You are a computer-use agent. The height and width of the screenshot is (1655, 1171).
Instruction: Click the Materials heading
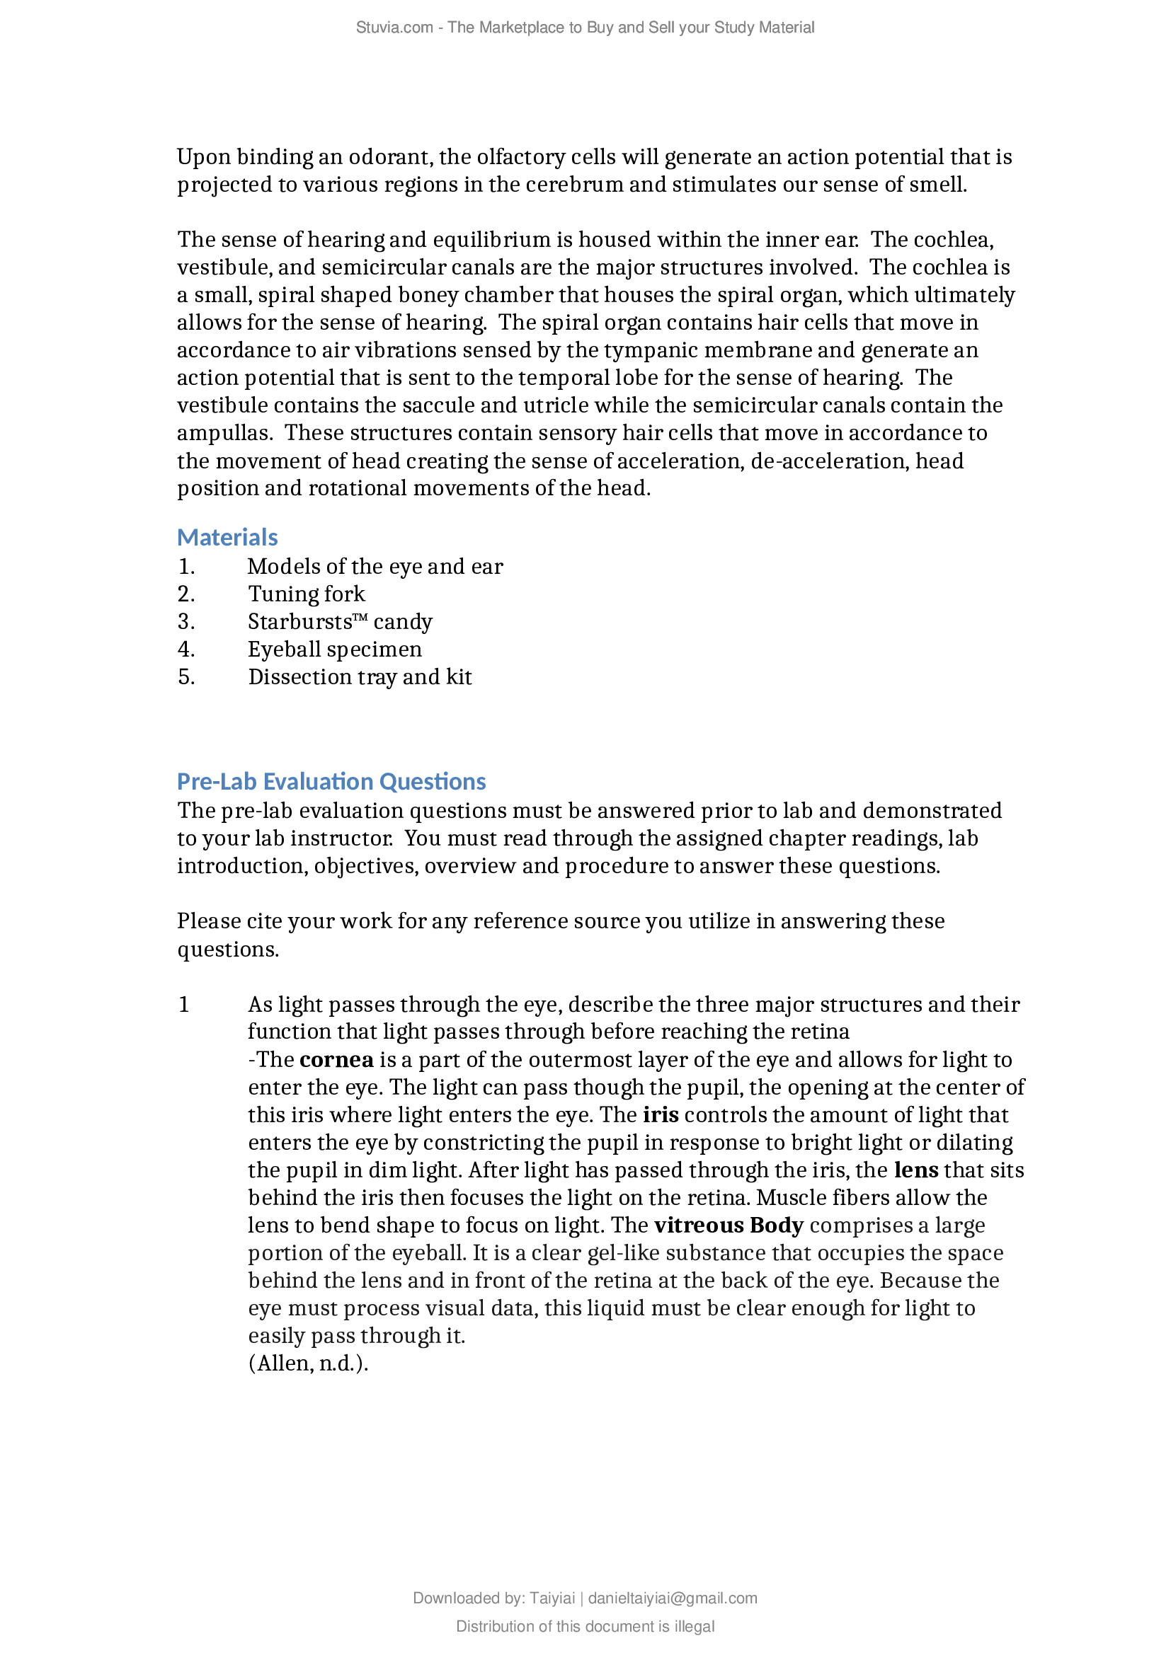(x=227, y=538)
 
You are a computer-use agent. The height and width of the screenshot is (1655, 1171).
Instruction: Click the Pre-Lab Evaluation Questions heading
(x=331, y=781)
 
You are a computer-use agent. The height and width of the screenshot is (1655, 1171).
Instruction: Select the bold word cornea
(x=336, y=1060)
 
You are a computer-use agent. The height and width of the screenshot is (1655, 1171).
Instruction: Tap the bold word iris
(x=661, y=1115)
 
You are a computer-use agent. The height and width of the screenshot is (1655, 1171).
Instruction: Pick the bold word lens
(x=915, y=1170)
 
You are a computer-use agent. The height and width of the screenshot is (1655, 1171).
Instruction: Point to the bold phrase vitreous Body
(x=729, y=1226)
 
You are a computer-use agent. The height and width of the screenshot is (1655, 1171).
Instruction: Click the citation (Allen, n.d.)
(x=308, y=1363)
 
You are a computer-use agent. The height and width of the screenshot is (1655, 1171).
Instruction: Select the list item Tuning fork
(x=307, y=594)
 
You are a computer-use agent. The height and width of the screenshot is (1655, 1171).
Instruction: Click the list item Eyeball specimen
(x=335, y=650)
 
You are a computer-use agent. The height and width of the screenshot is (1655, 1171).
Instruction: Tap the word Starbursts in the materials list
(x=300, y=621)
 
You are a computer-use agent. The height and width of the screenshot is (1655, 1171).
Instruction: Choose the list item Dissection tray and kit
(x=360, y=677)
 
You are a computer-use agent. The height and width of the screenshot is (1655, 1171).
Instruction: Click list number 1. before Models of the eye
(x=186, y=567)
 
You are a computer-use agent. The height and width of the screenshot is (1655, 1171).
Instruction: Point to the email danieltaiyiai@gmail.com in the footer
(x=672, y=1598)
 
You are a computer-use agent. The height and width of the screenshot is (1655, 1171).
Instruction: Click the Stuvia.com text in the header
(x=394, y=28)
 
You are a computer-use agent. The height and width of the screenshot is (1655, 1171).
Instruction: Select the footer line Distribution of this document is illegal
(x=585, y=1626)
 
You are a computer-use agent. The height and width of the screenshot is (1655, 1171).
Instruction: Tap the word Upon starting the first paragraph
(x=203, y=157)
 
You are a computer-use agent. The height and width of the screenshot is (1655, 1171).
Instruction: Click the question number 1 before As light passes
(x=184, y=1005)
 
